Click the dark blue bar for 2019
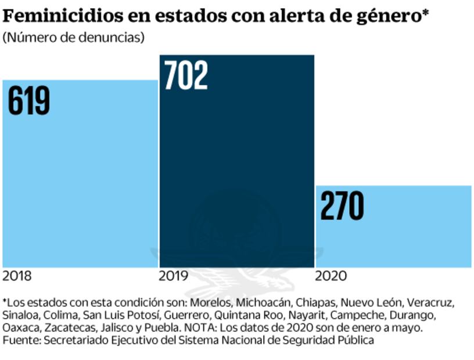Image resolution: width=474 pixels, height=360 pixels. click(237, 174)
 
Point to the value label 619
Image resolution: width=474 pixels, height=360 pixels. click(29, 100)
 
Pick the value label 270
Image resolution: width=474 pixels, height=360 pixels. click(342, 206)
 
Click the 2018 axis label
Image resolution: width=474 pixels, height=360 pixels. click(17, 276)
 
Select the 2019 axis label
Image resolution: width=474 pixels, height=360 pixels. click(174, 276)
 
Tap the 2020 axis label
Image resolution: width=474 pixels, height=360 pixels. click(331, 276)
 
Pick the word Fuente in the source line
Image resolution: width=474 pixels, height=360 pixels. click(17, 340)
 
